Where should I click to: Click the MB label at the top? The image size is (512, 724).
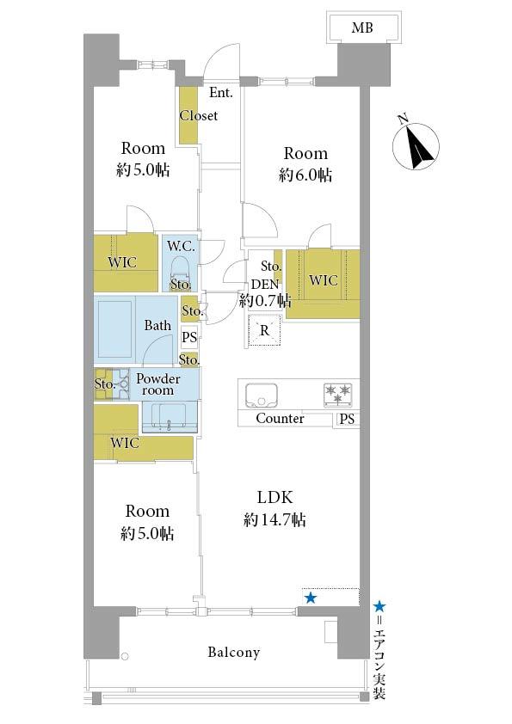362,28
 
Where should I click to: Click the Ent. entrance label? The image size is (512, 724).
221,92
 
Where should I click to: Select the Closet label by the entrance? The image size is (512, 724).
198,115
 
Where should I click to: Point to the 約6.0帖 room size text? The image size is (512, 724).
305,175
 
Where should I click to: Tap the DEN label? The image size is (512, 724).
265,284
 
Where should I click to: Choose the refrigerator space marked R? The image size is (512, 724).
264,330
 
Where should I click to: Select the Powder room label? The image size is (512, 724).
157,384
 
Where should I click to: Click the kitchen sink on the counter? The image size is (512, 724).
261,395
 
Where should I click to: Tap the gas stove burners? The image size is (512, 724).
339,395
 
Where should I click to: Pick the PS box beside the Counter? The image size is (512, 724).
347,420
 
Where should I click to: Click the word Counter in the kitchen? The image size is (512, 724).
280,419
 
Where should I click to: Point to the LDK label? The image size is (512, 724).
275,497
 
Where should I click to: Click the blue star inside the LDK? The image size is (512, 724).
311,598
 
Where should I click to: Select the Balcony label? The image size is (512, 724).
233,652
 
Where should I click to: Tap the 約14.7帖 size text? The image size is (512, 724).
275,520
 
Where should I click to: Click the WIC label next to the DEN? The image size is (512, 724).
323,280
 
